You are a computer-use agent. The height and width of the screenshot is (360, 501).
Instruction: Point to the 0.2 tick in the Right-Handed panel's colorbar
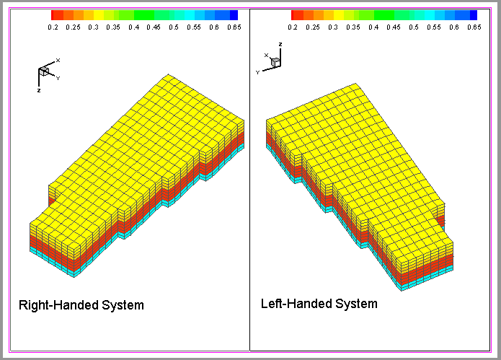tap(53, 27)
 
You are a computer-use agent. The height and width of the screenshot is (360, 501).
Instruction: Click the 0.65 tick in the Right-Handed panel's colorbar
tap(233, 27)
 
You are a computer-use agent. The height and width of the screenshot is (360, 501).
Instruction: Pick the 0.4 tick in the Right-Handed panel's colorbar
tap(133, 27)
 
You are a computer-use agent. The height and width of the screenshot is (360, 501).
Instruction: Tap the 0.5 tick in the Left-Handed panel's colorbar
tap(414, 27)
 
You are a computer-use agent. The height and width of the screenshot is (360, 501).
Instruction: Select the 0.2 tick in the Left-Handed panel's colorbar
tap(293, 27)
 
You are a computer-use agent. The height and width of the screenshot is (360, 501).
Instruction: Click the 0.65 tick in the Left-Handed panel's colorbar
tap(473, 27)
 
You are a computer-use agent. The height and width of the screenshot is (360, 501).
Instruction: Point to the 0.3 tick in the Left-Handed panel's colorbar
tap(333, 27)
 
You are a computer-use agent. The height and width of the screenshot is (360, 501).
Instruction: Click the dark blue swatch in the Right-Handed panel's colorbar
tap(233, 14)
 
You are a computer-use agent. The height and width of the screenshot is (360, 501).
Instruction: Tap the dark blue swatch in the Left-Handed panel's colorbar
tap(473, 14)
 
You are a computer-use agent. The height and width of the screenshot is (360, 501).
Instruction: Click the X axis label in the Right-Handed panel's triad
tap(58, 60)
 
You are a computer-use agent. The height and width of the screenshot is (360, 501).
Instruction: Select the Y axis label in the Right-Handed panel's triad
tap(58, 78)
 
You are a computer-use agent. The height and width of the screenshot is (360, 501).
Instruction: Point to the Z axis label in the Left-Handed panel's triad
tap(280, 45)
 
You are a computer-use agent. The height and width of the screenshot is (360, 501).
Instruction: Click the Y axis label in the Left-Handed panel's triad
tap(257, 72)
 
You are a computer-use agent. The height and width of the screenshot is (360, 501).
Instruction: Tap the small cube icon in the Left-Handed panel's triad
tap(275, 63)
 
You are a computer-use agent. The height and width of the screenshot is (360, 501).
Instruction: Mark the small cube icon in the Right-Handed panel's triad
tap(45, 71)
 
